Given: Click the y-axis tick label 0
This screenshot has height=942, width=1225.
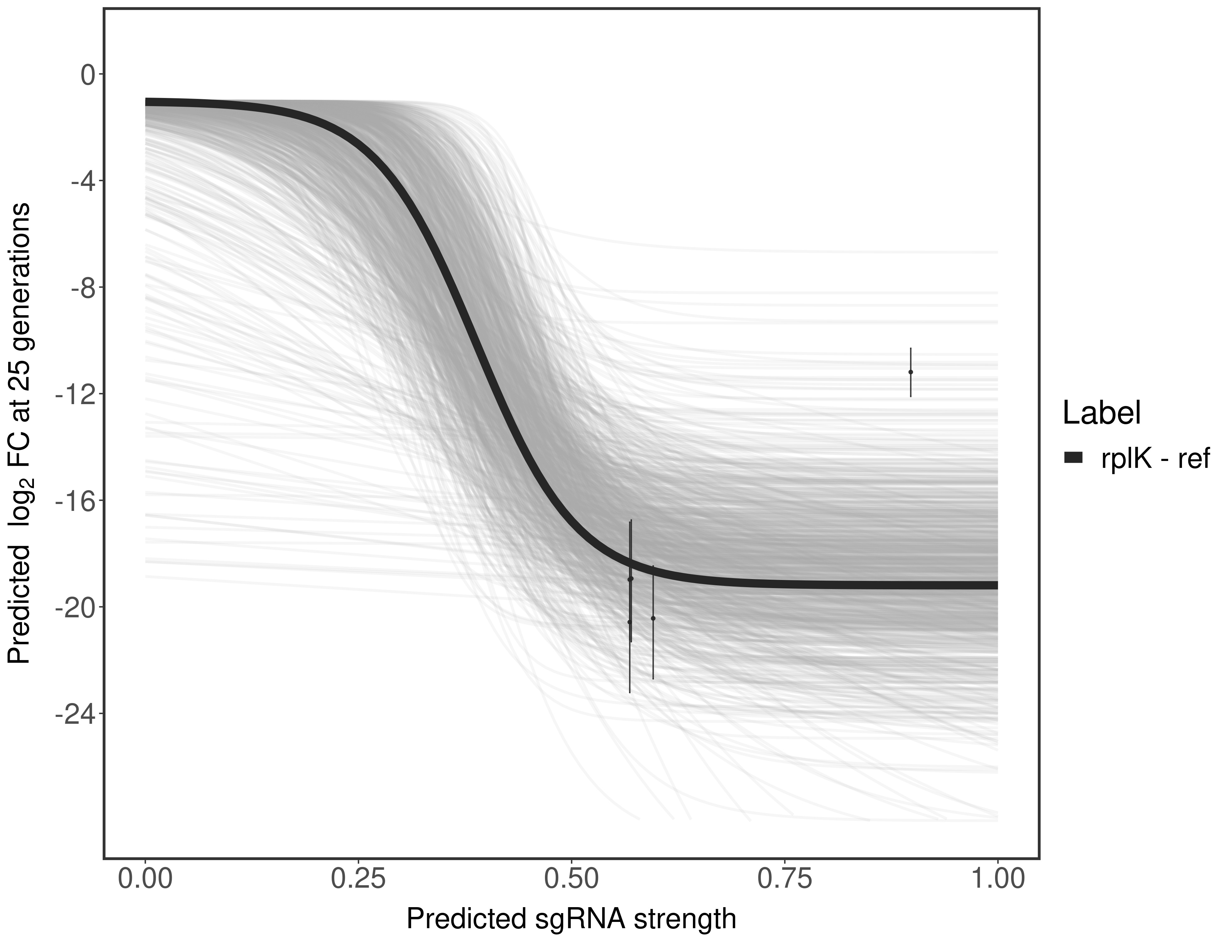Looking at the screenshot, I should click(x=87, y=75).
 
